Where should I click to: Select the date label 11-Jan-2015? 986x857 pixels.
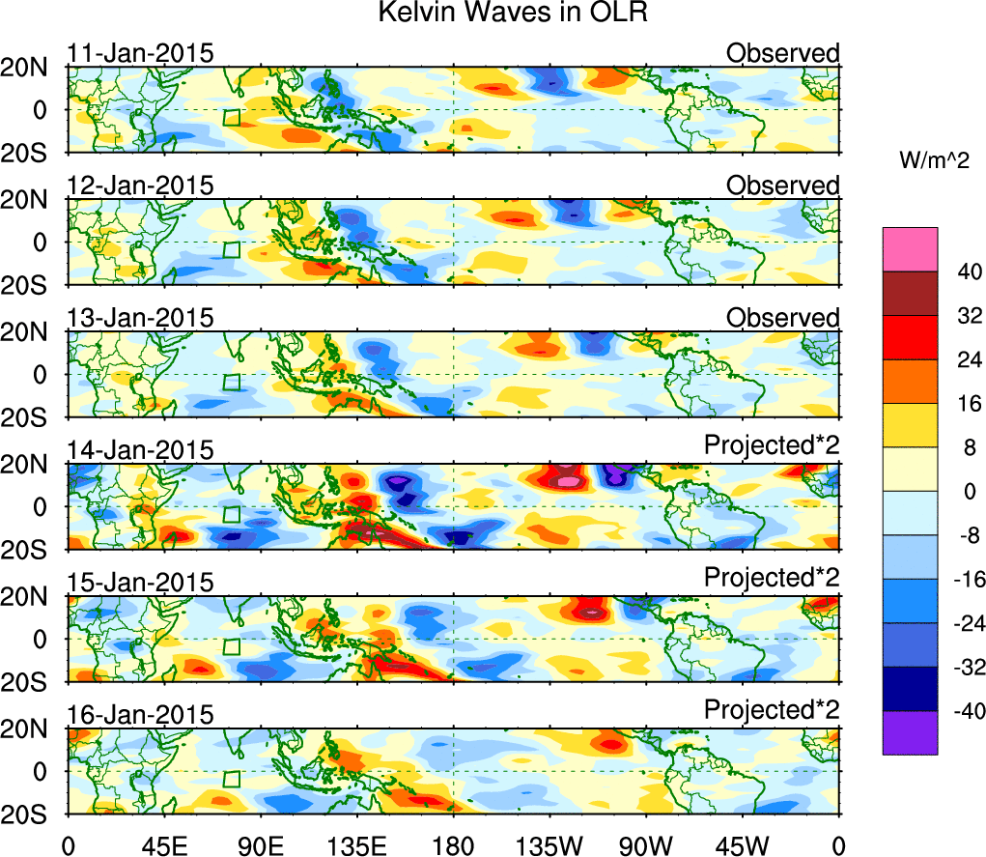coord(140,53)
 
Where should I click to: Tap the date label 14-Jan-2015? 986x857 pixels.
coord(140,449)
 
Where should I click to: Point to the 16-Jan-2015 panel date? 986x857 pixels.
coord(140,714)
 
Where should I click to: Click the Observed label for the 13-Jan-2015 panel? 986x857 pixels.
coord(783,318)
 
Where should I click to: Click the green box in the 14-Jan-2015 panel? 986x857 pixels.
coord(231,514)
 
